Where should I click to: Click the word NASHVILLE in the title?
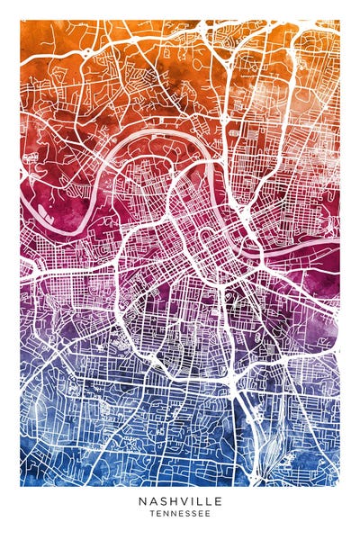pyautogui.click(x=180, y=500)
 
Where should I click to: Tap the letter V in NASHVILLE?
pyautogui.click(x=182, y=500)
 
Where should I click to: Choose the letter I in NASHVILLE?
pyautogui.click(x=190, y=500)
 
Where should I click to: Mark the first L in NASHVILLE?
pyautogui.click(x=198, y=500)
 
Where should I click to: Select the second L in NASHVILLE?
pyautogui.click(x=208, y=500)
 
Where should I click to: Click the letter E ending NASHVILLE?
pyautogui.click(x=218, y=500)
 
